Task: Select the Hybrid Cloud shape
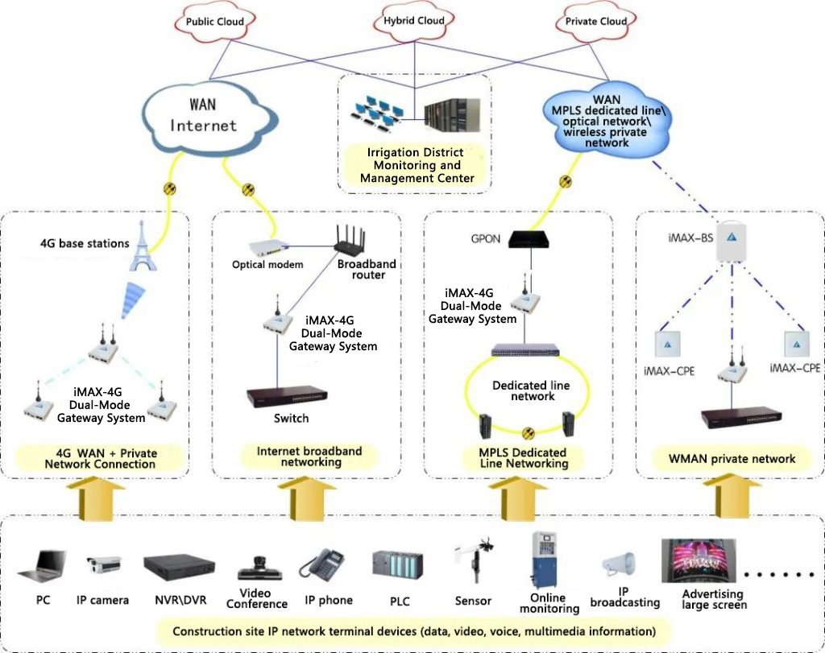414,21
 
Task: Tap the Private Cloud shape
597,22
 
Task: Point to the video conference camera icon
259,567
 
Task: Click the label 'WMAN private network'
732,459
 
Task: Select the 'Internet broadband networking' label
309,457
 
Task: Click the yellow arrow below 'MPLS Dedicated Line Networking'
511,494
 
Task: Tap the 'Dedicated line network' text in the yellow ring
531,391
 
